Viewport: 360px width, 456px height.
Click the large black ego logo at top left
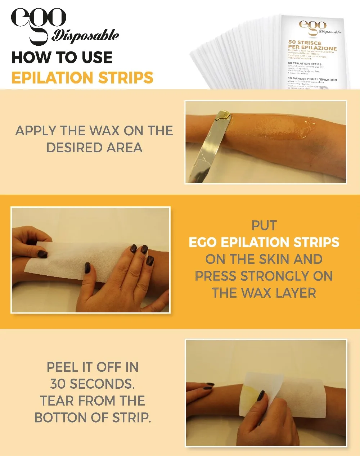[x=39, y=20]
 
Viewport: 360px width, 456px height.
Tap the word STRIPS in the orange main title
[x=126, y=78]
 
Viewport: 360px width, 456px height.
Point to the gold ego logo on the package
[x=312, y=25]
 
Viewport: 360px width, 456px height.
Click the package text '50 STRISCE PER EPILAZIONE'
[x=312, y=45]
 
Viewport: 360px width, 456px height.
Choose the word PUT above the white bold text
[x=264, y=226]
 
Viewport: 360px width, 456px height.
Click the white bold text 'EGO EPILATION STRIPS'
[x=264, y=243]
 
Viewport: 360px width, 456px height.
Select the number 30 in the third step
[x=58, y=384]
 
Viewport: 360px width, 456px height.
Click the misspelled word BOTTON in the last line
[x=60, y=418]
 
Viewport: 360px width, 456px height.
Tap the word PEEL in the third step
[x=62, y=367]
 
